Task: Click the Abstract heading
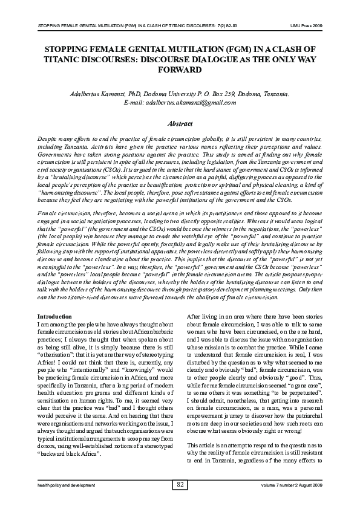click(x=180, y=123)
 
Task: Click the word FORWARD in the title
click(x=180, y=70)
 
